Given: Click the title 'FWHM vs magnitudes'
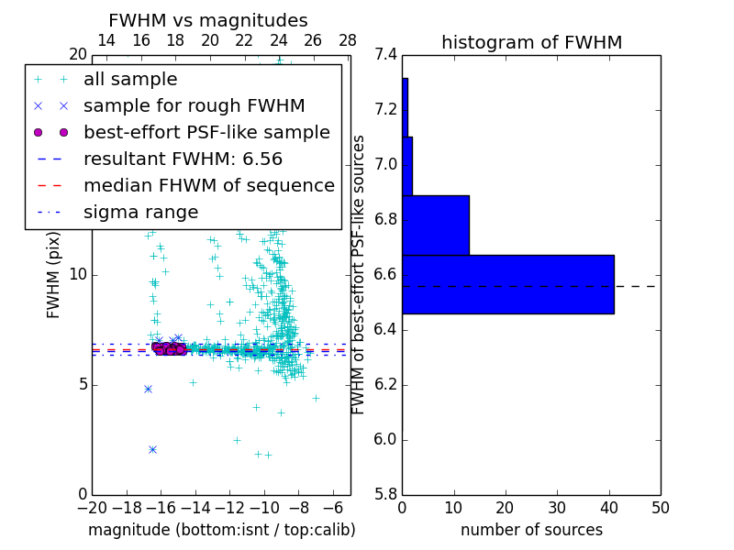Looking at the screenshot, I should (208, 20).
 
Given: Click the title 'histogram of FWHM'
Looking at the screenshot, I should (531, 42).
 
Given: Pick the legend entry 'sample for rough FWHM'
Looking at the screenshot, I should (194, 106).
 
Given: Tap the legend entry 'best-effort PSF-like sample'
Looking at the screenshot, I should (206, 133).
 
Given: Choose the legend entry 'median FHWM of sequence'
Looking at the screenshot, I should (208, 186).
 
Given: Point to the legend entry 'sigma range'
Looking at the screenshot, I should (140, 213).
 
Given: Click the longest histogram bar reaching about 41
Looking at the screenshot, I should (507, 284).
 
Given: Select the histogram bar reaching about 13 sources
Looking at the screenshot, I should (436, 225).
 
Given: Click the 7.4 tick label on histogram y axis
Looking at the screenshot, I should (386, 55).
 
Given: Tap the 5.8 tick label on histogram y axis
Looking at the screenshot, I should (386, 494).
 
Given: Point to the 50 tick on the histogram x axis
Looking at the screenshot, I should (660, 508).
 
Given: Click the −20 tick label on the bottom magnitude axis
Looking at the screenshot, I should (92, 508).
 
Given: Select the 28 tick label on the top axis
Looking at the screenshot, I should (348, 40).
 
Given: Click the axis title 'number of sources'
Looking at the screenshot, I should (531, 530).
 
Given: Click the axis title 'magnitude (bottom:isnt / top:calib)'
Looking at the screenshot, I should (221, 530).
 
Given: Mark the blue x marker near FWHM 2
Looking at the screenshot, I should (152, 449).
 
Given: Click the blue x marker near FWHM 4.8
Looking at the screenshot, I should (148, 389).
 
